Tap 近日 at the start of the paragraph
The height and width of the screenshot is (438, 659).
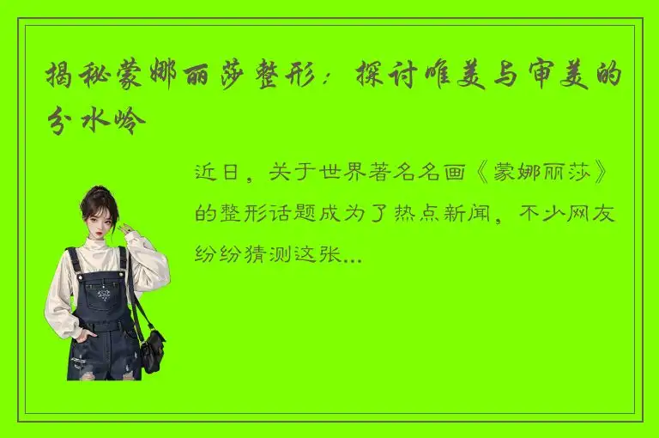pos(215,173)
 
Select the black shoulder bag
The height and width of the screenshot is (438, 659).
pos(152,347)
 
